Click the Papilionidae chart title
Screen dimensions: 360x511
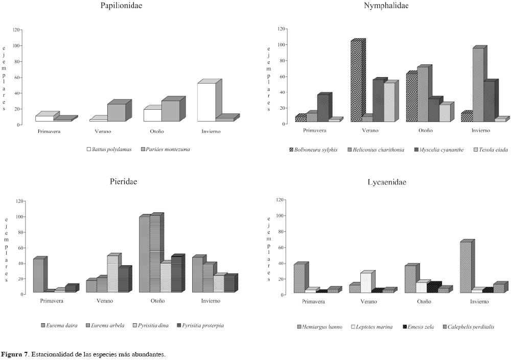pyautogui.click(x=121, y=6)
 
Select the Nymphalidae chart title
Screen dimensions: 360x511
pyautogui.click(x=386, y=6)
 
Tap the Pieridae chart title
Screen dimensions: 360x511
pyautogui.click(x=123, y=181)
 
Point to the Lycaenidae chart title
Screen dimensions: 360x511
pyautogui.click(x=387, y=182)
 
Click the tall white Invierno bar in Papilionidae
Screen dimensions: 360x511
pyautogui.click(x=206, y=102)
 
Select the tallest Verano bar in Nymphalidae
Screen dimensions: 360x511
pyautogui.click(x=357, y=82)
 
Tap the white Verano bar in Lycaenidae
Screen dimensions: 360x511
pyautogui.click(x=366, y=282)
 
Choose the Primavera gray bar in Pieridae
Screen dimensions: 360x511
pyautogui.click(x=38, y=275)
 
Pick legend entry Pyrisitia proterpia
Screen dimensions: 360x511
pyautogui.click(x=202, y=325)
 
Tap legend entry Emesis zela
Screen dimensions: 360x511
pyautogui.click(x=421, y=326)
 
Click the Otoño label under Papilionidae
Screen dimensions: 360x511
pyautogui.click(x=156, y=131)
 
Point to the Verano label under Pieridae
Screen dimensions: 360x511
pyautogui.click(x=105, y=301)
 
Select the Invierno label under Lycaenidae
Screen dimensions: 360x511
pyautogui.click(x=479, y=301)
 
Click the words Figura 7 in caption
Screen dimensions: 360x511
pyautogui.click(x=15, y=354)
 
